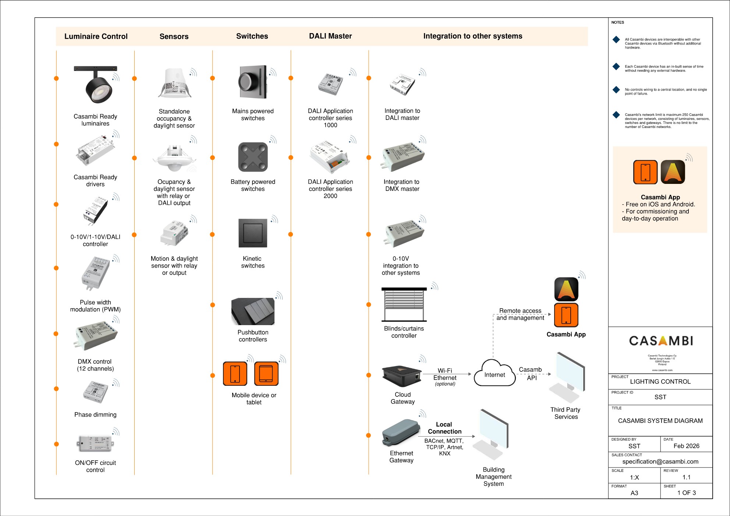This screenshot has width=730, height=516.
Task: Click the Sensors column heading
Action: click(174, 36)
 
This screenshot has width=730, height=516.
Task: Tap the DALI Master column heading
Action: click(330, 36)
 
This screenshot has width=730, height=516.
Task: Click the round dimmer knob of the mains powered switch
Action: click(248, 82)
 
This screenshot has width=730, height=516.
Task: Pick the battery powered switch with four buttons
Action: click(253, 157)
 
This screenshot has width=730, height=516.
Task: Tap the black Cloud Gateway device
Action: click(402, 376)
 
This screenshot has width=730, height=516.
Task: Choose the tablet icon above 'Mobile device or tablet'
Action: click(266, 374)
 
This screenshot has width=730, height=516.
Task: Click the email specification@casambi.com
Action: click(660, 462)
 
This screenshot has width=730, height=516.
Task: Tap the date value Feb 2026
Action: click(686, 446)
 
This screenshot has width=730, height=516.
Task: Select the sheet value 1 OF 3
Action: click(686, 493)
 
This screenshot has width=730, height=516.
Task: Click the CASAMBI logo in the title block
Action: click(661, 341)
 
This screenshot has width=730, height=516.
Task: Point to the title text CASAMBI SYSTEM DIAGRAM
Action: click(660, 421)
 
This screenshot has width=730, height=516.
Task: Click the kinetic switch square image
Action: click(253, 233)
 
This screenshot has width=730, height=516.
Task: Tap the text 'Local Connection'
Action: click(444, 428)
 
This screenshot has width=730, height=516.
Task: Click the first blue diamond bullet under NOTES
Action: click(616, 40)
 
